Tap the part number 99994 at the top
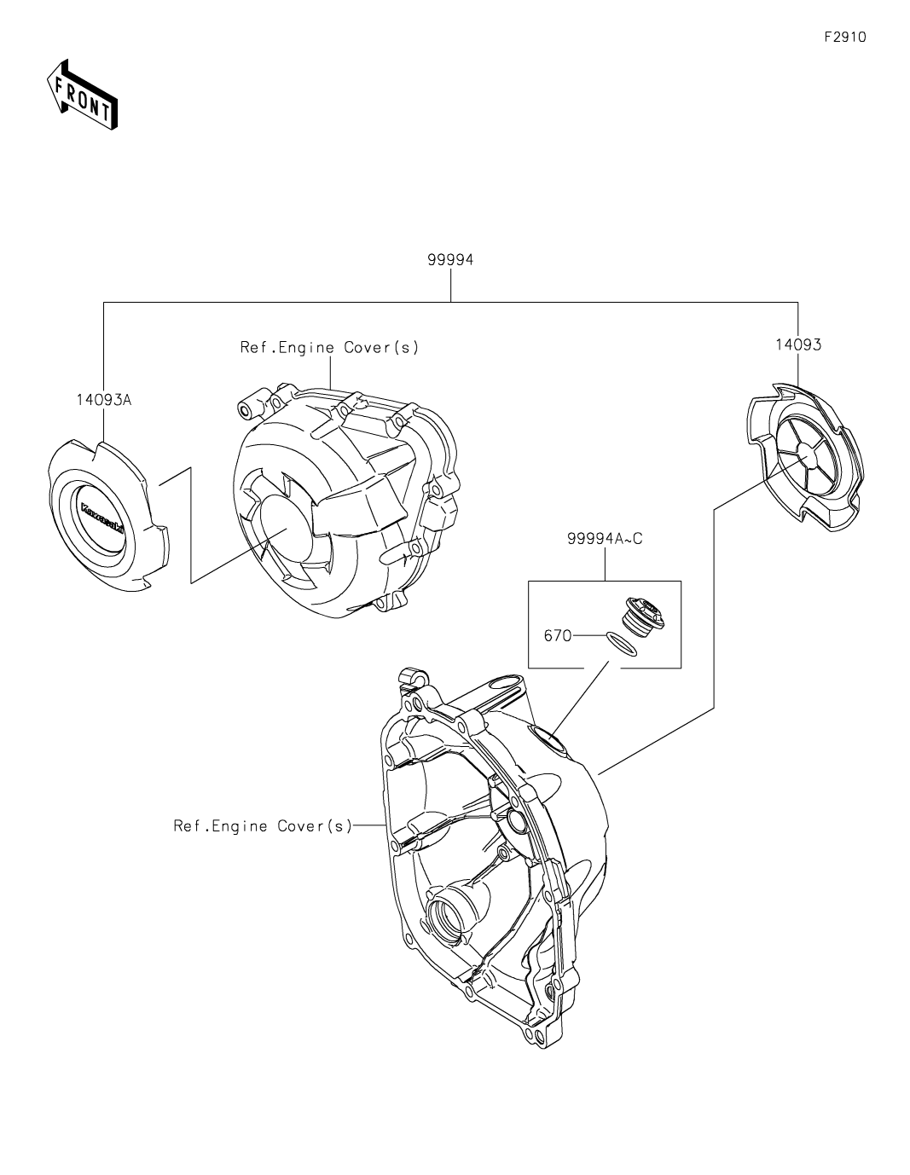pos(450,260)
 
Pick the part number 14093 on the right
pos(798,344)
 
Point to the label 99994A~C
pos(604,538)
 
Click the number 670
pos(558,635)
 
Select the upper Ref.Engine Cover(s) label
pos(329,347)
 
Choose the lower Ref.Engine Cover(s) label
pos(263,825)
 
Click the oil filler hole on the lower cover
pos(545,737)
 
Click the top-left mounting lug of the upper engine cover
pos(247,410)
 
